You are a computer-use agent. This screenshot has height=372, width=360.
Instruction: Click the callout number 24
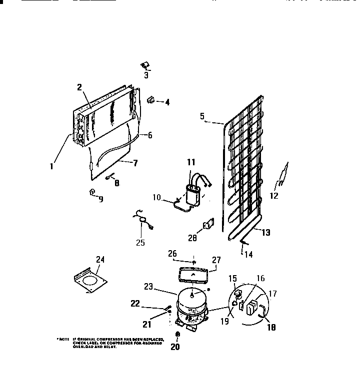[100, 259]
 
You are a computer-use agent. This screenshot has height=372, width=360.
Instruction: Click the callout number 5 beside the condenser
[202, 116]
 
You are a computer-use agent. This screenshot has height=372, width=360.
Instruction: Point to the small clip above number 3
[145, 64]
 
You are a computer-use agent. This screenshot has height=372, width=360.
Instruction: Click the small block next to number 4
[150, 100]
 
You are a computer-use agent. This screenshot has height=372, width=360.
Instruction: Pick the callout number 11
[191, 161]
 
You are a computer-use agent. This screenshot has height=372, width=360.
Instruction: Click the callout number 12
[274, 196]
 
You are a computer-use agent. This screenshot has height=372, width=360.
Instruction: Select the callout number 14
[248, 254]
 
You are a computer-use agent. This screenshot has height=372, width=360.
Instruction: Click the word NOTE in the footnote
[63, 339]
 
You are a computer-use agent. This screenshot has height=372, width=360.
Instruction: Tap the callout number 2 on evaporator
[79, 87]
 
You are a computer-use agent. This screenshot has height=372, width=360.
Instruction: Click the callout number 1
[51, 167]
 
